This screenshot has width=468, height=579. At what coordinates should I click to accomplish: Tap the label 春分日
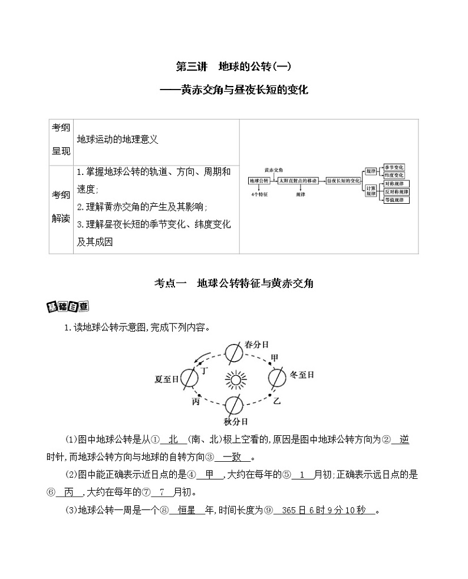point(256,345)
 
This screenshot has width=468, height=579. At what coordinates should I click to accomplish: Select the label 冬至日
point(302,375)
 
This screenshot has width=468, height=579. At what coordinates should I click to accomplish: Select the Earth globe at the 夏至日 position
point(190,378)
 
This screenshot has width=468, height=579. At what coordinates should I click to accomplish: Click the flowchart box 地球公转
point(259,181)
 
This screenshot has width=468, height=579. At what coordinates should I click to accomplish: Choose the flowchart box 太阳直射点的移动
point(298,181)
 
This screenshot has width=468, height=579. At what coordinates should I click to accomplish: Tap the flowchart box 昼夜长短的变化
point(343,181)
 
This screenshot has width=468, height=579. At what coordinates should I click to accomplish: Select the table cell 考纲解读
point(61,209)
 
